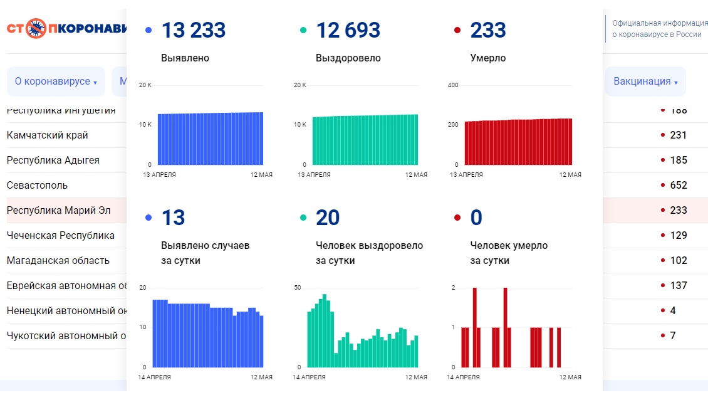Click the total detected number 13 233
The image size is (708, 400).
(x=194, y=30)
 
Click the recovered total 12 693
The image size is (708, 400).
(x=348, y=30)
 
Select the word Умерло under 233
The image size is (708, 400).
(x=488, y=58)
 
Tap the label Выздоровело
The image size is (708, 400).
(x=348, y=58)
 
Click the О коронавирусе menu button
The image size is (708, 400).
(x=56, y=82)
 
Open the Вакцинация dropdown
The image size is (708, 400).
(x=645, y=82)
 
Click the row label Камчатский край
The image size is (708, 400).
(x=48, y=135)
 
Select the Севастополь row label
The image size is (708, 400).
(x=37, y=185)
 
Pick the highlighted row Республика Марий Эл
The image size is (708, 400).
(x=58, y=210)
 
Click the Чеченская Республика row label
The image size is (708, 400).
(x=61, y=235)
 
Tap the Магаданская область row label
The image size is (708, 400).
(x=58, y=260)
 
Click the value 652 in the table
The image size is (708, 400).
(x=678, y=185)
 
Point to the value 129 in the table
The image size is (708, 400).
(x=678, y=235)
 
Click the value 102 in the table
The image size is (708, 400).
(x=678, y=260)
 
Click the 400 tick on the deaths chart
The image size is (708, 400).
(x=454, y=85)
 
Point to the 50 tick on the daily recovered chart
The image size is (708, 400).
(x=298, y=287)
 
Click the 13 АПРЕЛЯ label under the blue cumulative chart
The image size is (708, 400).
(x=160, y=174)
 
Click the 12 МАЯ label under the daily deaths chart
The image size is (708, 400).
(x=570, y=377)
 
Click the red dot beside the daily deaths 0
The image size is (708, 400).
(x=457, y=218)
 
